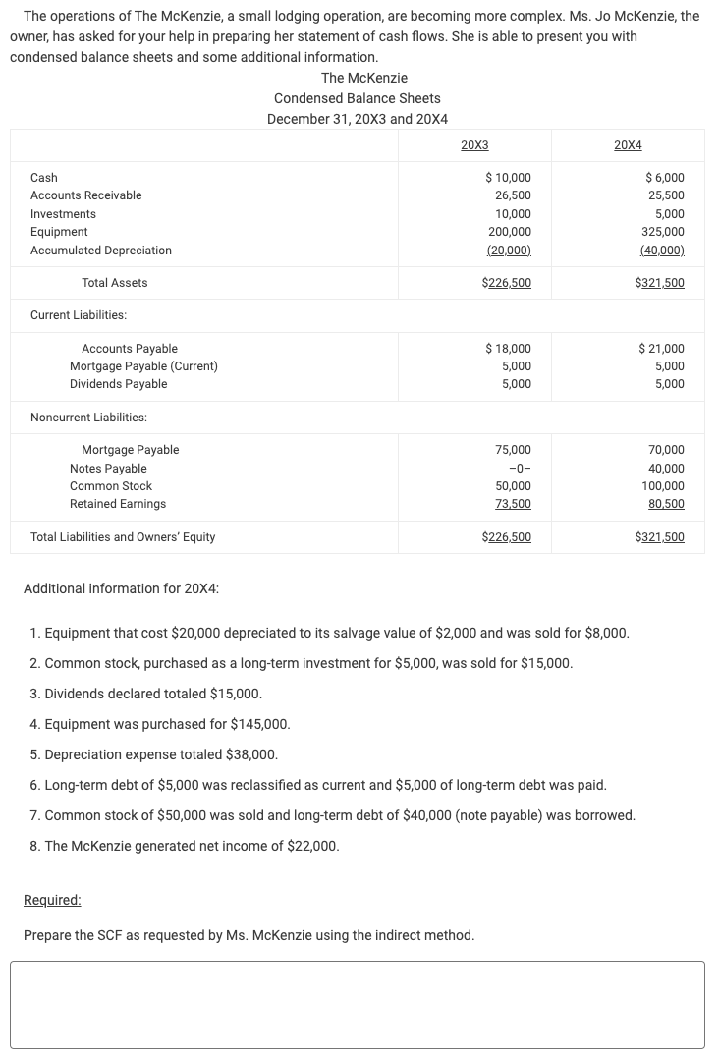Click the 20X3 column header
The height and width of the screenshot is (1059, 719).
[x=474, y=145]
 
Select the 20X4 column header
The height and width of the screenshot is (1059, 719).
[x=628, y=145]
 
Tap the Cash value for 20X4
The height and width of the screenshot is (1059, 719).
[x=665, y=178]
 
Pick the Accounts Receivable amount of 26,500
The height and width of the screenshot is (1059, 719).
[x=512, y=195]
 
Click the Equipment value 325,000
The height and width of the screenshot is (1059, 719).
[x=664, y=232]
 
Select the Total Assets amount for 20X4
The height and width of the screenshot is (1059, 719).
[x=660, y=283]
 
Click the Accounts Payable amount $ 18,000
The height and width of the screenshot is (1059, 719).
[x=509, y=349]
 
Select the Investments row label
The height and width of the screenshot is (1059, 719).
[x=63, y=214]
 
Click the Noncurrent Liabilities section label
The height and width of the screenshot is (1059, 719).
[x=88, y=418]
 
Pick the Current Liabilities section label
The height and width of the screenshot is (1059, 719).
[x=79, y=315]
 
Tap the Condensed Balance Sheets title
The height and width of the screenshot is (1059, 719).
[x=357, y=98]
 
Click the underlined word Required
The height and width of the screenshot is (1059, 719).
[x=52, y=900]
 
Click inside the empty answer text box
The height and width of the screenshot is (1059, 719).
[x=358, y=1004]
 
